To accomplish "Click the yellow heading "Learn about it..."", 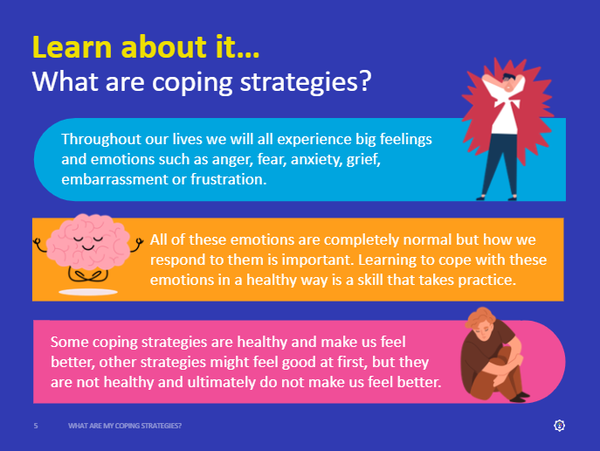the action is tap(146, 46).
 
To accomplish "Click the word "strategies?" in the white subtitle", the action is tap(306, 81).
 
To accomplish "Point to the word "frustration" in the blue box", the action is tap(227, 179).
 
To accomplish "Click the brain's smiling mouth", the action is tap(88, 247).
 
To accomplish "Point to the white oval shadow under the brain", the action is tap(88, 292).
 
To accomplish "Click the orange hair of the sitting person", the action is tap(479, 318).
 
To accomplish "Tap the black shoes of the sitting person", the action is tap(521, 397).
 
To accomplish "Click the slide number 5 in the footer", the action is tap(36, 426).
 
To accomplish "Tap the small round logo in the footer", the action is tap(560, 426).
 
